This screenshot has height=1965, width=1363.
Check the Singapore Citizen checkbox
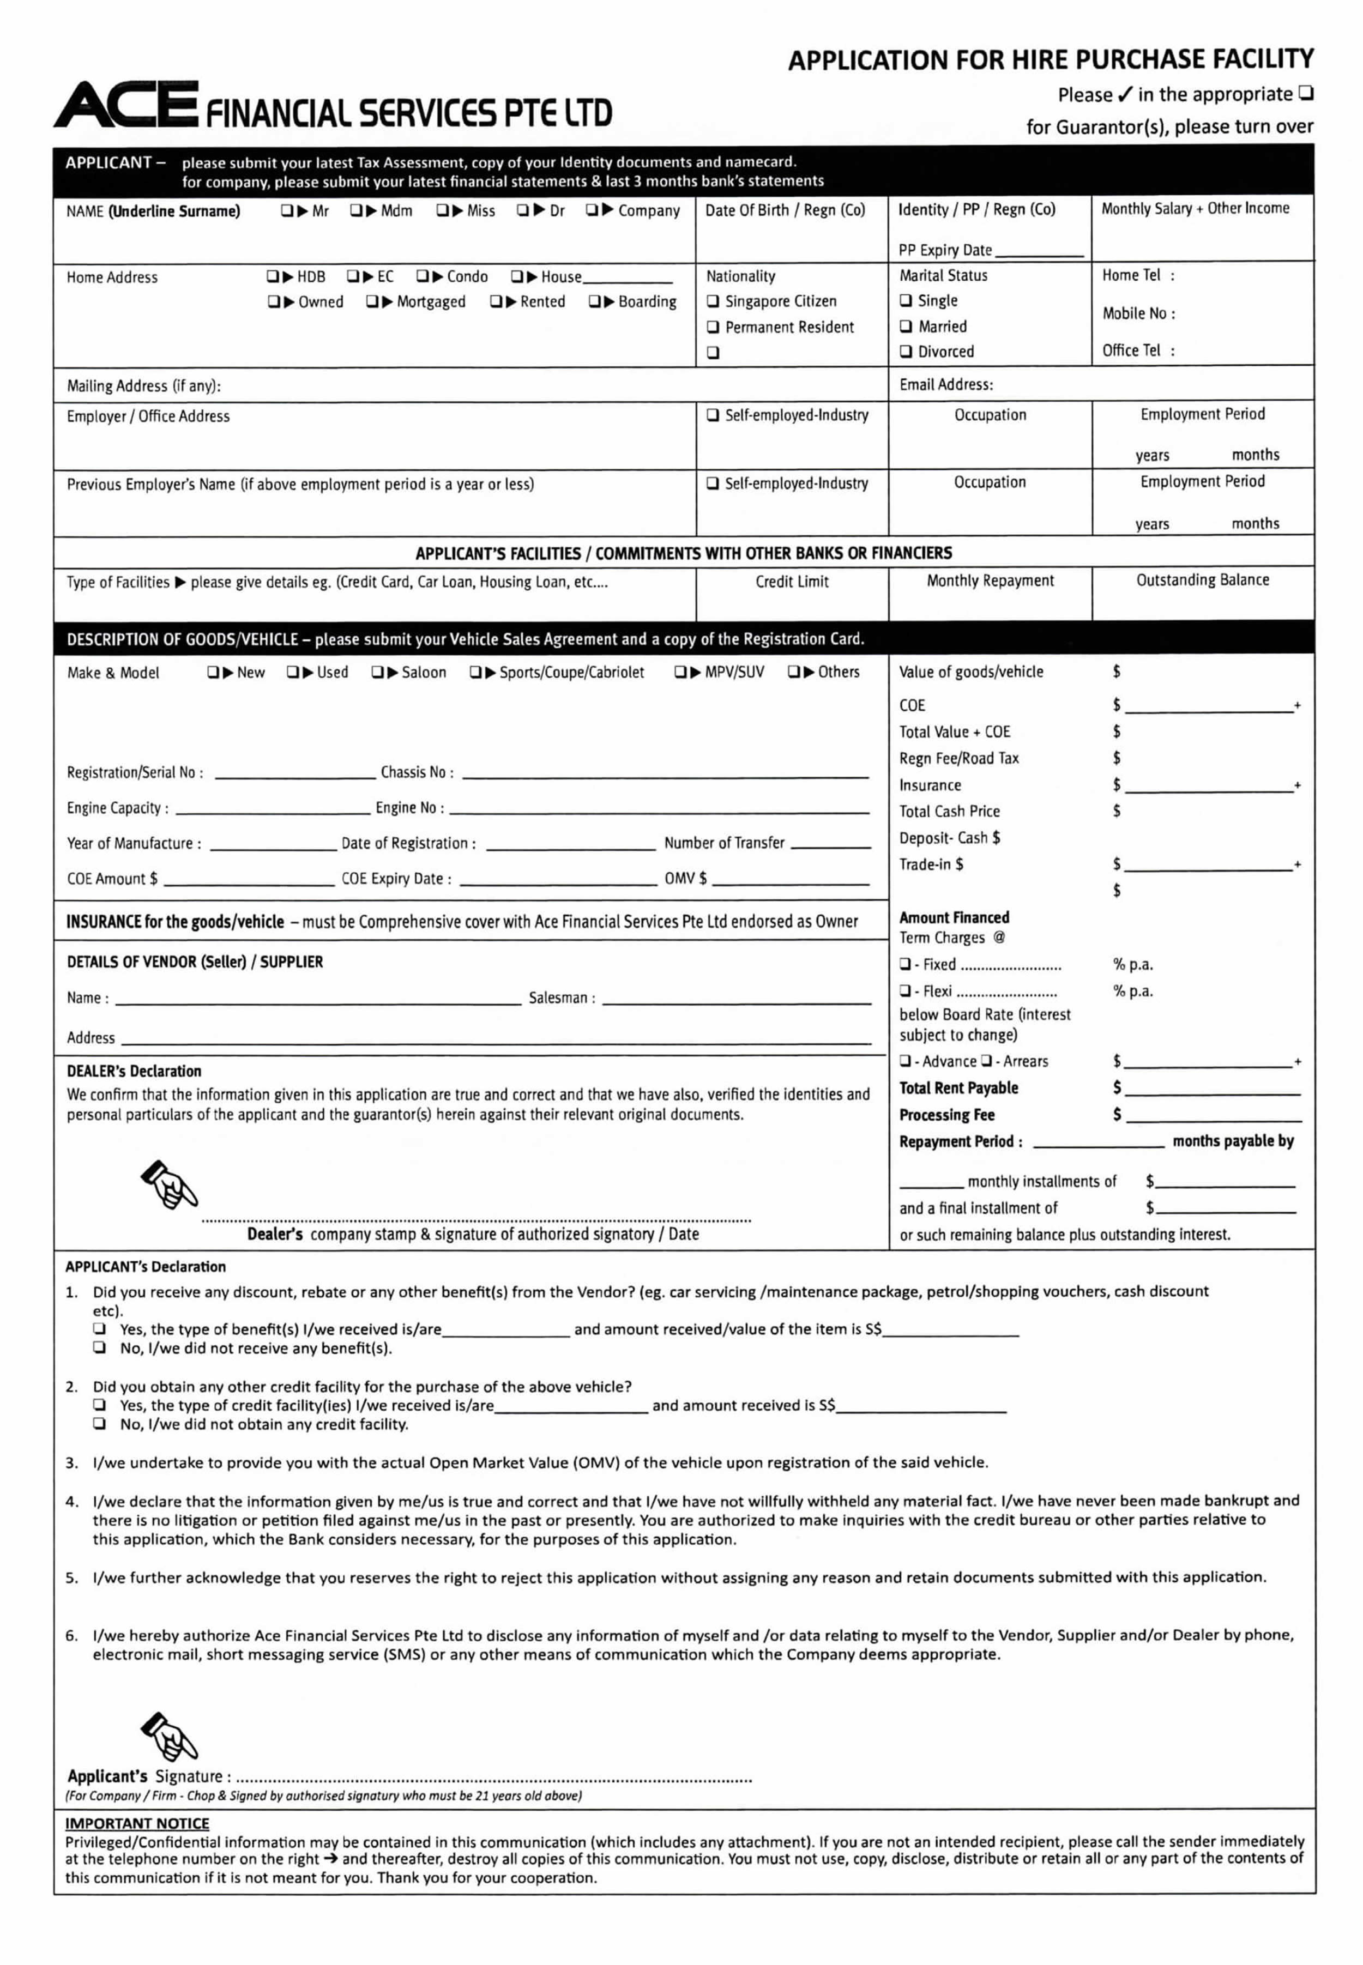click(712, 301)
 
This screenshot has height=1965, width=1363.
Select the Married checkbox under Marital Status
click(906, 326)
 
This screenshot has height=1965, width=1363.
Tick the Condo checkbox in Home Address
click(423, 276)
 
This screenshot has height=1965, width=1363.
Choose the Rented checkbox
click(496, 301)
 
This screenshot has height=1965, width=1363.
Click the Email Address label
click(945, 385)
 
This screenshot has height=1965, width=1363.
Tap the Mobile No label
click(1137, 313)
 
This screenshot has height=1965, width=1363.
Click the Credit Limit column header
click(792, 581)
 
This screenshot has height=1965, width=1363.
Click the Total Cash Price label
click(949, 812)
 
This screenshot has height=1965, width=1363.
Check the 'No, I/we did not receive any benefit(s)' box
click(100, 1348)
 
